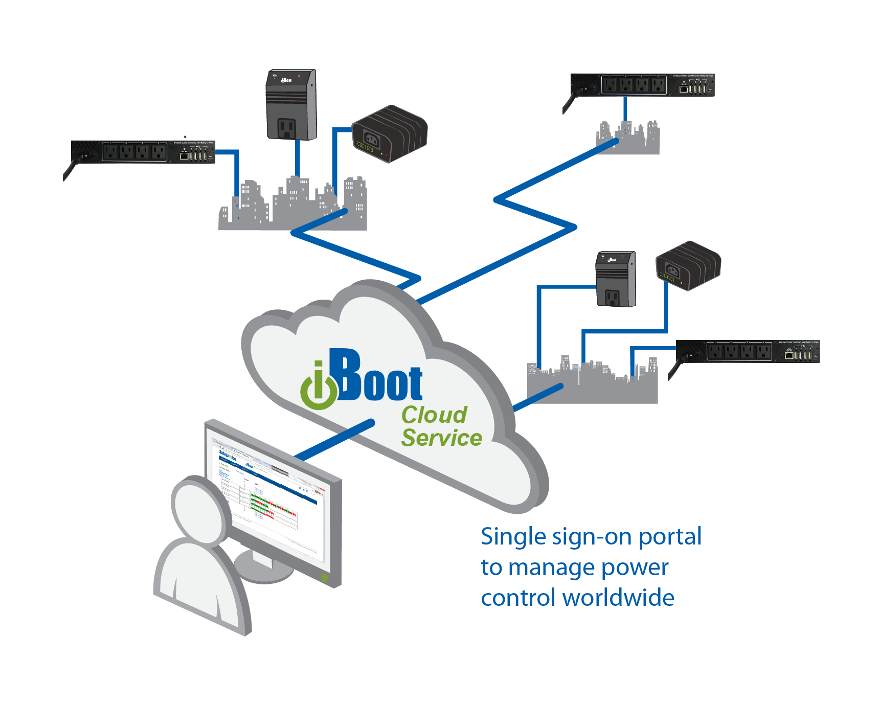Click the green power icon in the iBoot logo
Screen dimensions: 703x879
pos(319,391)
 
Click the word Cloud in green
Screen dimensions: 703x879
pos(434,415)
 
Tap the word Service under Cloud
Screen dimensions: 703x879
pos(441,438)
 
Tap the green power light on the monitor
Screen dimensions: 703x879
pos(324,578)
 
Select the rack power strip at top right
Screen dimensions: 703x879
pos(642,85)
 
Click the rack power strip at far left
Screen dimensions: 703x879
pos(143,152)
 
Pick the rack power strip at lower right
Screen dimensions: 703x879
pos(748,351)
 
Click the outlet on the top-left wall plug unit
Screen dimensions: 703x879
pos(287,128)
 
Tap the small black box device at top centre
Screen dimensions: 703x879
pos(390,133)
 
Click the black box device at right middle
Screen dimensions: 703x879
pos(688,265)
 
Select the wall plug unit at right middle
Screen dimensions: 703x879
pos(616,279)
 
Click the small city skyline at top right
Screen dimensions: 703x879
pos(628,139)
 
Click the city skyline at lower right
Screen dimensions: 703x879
pos(592,383)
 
